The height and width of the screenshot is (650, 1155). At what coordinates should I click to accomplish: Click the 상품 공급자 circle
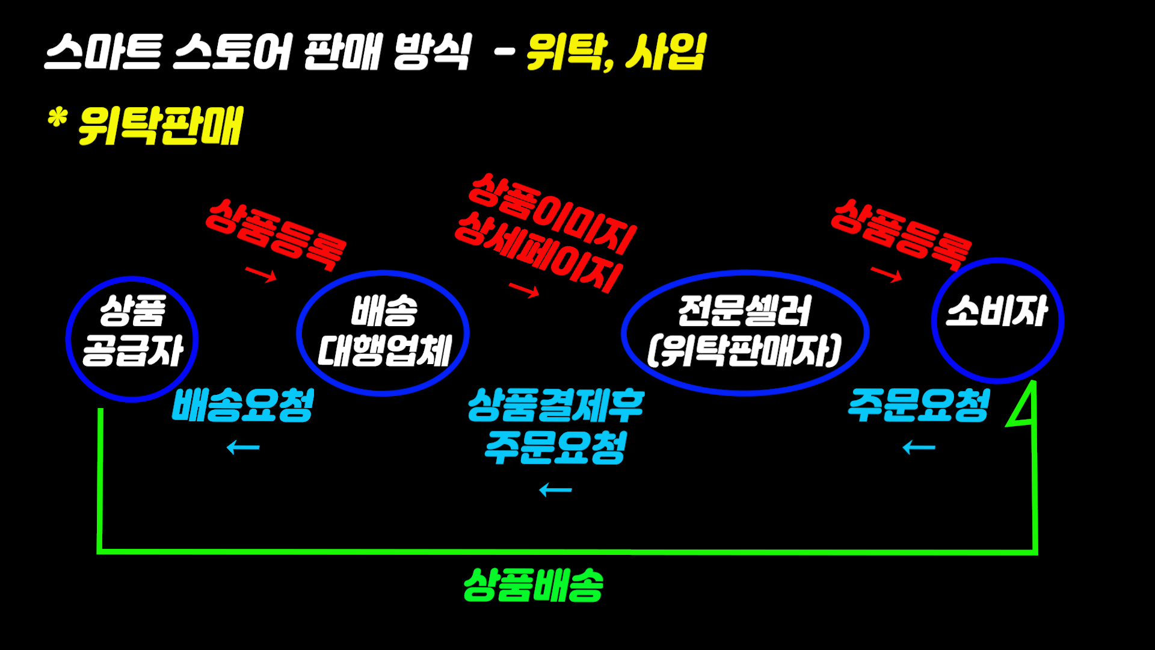click(x=132, y=339)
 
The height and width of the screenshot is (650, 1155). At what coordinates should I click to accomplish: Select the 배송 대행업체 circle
click(x=383, y=333)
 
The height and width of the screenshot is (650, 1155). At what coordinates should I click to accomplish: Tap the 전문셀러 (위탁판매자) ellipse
click(x=745, y=332)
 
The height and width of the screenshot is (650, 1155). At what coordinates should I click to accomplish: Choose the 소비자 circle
click(x=997, y=320)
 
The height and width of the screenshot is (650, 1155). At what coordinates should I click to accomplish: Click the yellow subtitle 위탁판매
click(x=160, y=126)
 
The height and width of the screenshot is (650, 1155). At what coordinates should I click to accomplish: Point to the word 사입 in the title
click(x=665, y=52)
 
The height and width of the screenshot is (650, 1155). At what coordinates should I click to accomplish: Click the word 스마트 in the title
click(x=103, y=52)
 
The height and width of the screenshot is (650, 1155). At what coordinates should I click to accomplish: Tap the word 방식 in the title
click(x=432, y=52)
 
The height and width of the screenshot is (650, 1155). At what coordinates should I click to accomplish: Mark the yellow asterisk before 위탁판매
click(x=57, y=119)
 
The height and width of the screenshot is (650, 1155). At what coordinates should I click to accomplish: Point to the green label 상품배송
click(x=533, y=585)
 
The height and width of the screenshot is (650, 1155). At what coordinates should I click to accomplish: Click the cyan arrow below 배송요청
click(x=243, y=447)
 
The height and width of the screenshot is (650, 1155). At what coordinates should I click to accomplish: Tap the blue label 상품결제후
click(x=556, y=404)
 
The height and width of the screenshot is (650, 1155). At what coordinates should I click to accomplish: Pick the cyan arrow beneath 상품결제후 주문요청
click(x=555, y=490)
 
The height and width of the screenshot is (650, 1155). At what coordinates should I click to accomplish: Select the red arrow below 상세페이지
click(x=524, y=290)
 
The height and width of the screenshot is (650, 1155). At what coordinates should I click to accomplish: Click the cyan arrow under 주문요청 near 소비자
click(x=919, y=447)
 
